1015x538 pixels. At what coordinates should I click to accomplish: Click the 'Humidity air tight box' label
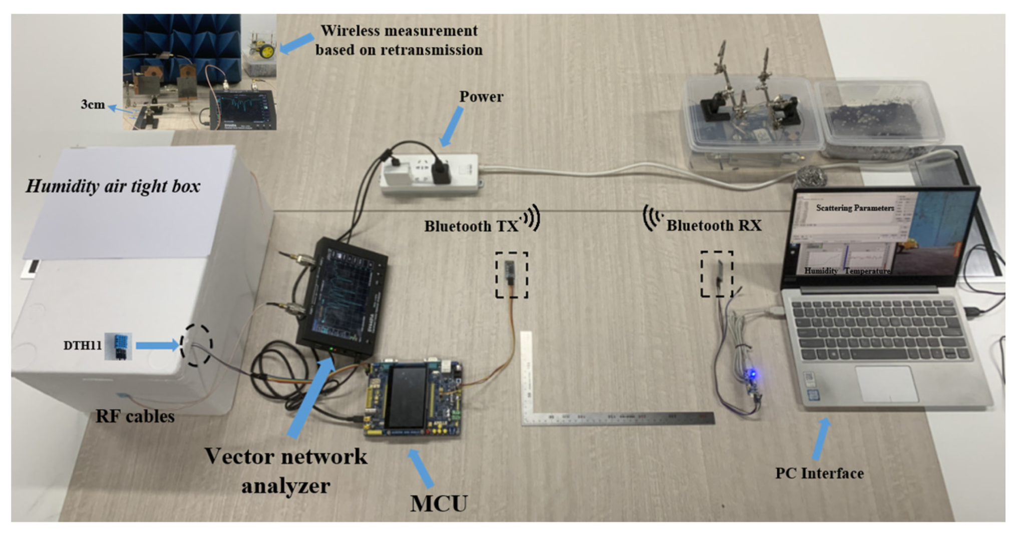113,186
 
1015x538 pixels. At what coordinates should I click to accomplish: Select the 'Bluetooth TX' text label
471,226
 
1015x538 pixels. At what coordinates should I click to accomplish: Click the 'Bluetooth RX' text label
714,226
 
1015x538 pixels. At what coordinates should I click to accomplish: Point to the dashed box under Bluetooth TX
511,275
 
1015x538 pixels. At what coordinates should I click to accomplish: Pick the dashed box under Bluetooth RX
717,274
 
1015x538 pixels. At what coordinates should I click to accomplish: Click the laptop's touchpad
886,383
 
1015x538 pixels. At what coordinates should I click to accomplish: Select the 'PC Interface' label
819,473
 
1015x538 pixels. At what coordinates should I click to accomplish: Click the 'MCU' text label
439,503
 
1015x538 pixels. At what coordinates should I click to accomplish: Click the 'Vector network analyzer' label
286,470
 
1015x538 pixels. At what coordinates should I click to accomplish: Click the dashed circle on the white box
196,345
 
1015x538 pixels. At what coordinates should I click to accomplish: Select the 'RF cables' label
135,416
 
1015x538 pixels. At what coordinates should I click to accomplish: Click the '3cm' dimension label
93,105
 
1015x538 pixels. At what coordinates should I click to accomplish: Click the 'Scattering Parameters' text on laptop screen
855,208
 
